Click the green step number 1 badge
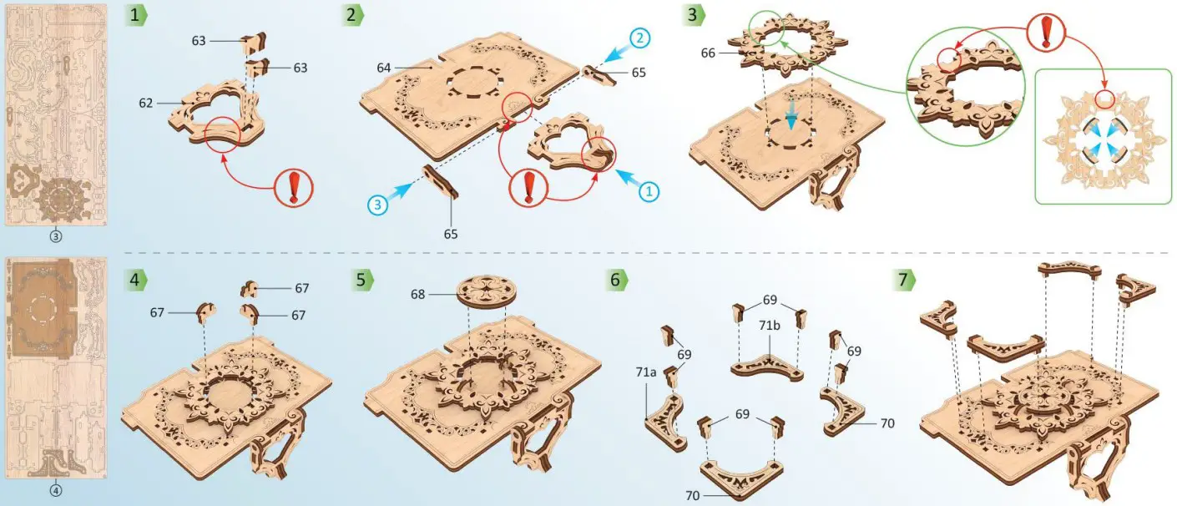(135, 15)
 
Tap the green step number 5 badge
(362, 280)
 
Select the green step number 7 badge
(904, 280)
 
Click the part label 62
(145, 103)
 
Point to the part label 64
(384, 68)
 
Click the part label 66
(708, 53)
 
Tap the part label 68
(417, 294)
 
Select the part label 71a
(646, 372)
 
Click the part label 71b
(770, 326)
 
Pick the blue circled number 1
(649, 192)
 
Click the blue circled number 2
(639, 38)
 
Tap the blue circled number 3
(378, 205)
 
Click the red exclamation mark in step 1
(294, 188)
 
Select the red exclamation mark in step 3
(1046, 32)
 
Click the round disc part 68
(487, 291)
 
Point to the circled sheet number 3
(56, 236)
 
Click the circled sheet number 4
(56, 491)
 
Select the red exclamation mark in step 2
(528, 188)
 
